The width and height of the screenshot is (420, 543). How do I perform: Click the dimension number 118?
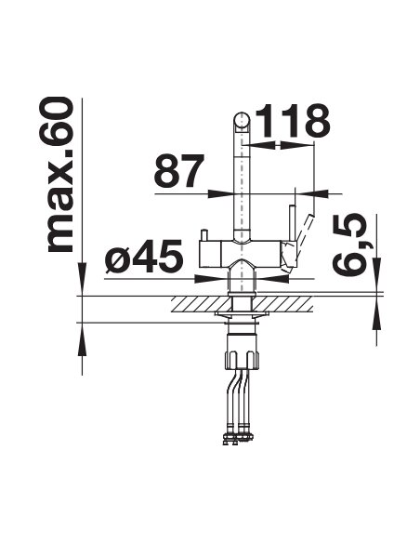pyautogui.click(x=293, y=121)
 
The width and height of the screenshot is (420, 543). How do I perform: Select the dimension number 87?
pyautogui.click(x=179, y=171)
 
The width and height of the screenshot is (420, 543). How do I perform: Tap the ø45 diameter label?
pyautogui.click(x=144, y=256)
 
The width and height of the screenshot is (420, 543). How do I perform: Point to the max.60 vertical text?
pyautogui.click(x=60, y=175)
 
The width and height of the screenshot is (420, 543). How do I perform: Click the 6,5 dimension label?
pyautogui.click(x=349, y=244)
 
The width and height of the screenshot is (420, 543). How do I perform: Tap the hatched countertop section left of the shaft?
pyautogui.click(x=202, y=304)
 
